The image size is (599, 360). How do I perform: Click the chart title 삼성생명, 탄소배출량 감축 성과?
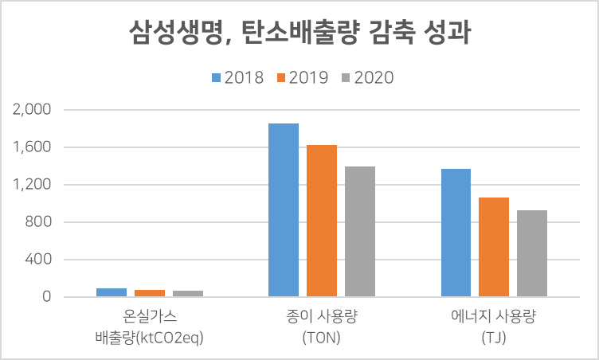tap(299, 33)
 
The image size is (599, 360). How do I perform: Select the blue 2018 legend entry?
tap(237, 77)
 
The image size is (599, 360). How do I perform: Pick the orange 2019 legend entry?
tap(303, 77)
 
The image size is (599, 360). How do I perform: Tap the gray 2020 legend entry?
tap(367, 77)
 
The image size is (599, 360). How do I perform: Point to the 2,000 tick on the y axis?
tap(32, 110)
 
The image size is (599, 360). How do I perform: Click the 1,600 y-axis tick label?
tap(32, 147)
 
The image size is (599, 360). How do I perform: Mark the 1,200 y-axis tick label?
tap(32, 185)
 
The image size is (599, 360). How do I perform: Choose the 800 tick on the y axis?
tap(38, 222)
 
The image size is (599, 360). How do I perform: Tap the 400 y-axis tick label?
tap(38, 260)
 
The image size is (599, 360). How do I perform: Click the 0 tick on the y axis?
tap(47, 296)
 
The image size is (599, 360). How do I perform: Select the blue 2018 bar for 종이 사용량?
tap(284, 209)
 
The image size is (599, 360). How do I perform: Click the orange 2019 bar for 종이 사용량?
tap(322, 221)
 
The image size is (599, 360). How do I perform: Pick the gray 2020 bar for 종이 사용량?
tap(360, 232)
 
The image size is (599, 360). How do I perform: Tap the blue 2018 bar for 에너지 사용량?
tap(456, 233)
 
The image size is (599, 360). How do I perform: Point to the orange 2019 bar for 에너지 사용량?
tap(494, 247)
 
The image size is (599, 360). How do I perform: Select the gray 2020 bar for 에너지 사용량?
tap(532, 253)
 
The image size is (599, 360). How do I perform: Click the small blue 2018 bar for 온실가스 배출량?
tap(112, 292)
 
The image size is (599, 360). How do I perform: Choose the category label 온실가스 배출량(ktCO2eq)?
tap(150, 327)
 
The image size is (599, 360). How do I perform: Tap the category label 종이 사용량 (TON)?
tap(322, 327)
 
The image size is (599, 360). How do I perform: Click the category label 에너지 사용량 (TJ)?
tap(494, 327)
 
